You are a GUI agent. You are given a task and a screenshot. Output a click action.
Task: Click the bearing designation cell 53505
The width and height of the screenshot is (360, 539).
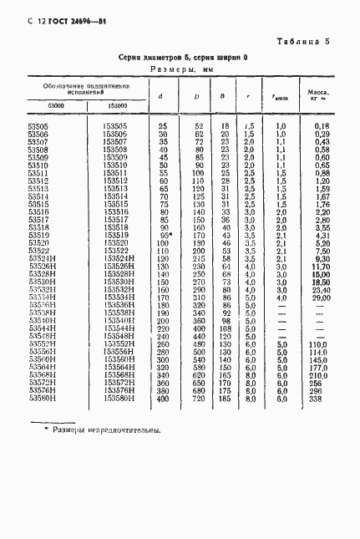coord(38,125)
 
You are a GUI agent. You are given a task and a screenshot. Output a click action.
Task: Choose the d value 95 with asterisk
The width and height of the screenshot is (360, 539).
coord(165,236)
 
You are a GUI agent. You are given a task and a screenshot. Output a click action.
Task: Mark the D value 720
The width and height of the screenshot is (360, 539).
coord(199,399)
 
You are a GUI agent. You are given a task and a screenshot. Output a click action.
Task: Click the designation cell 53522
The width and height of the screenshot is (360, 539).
coord(38,250)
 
